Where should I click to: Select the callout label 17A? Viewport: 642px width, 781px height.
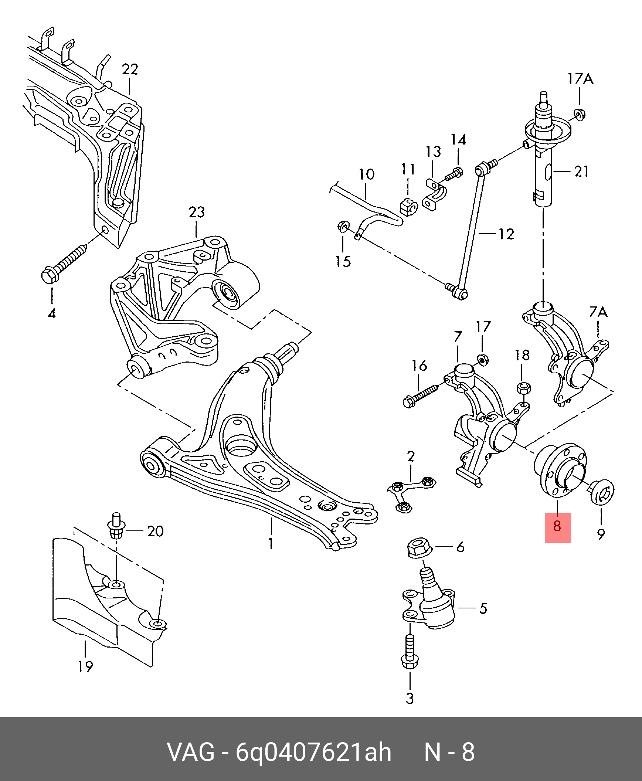coord(580,79)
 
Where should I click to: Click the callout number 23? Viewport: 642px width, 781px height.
coord(196,212)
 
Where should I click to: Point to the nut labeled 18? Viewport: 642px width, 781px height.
coord(521,388)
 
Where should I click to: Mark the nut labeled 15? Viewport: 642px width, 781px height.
coord(343,226)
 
